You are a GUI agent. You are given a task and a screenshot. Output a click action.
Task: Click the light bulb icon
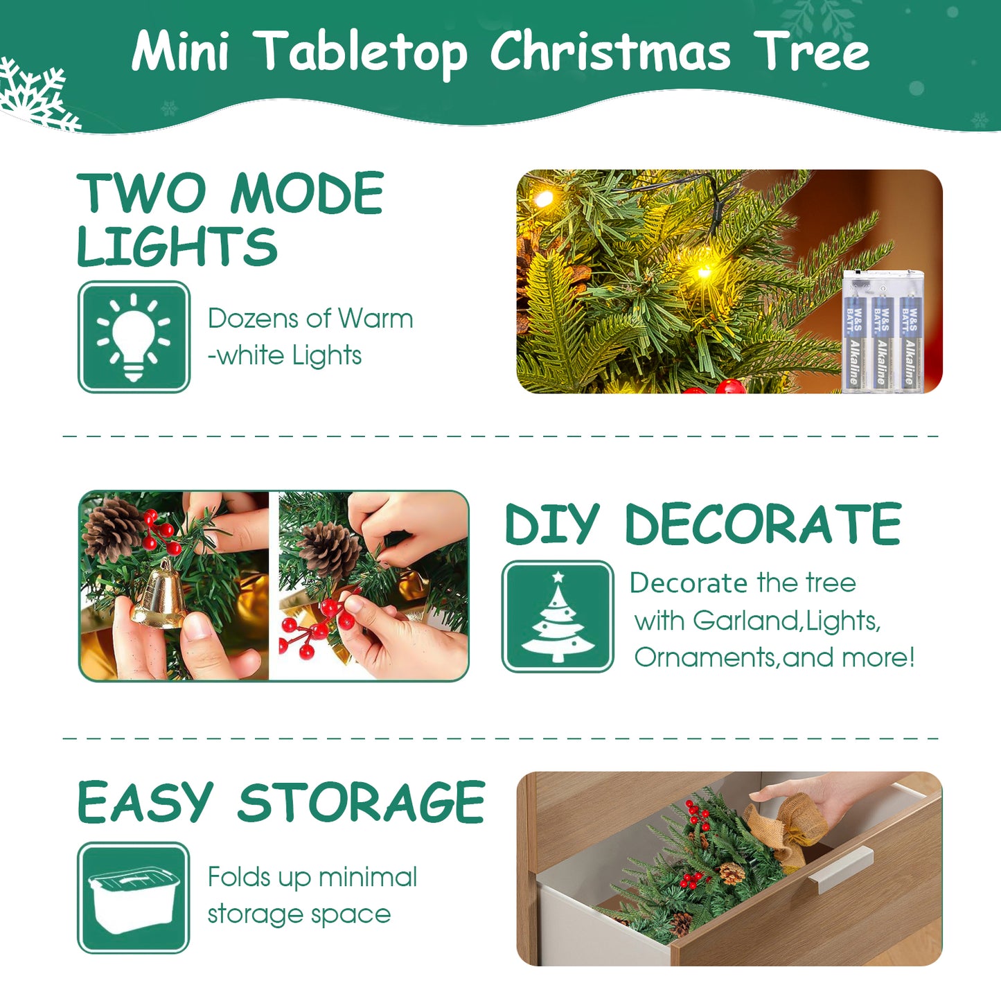[x=134, y=337]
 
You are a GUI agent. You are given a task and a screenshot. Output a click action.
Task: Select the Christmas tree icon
[x=558, y=617]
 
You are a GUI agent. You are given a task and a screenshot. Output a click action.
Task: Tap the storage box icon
[x=133, y=898]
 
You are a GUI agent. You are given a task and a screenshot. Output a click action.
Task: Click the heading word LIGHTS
[x=177, y=247]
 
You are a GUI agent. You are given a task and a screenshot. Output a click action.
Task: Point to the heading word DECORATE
[x=763, y=524]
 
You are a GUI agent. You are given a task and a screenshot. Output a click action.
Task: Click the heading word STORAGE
[x=361, y=802]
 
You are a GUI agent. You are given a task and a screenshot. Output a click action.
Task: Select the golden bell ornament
[x=160, y=595]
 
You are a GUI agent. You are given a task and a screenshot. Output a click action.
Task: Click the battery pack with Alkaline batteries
[x=883, y=332]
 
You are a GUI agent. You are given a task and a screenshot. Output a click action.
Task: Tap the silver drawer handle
[x=840, y=869]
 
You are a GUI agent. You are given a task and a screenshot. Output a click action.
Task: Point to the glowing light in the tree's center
[x=703, y=271]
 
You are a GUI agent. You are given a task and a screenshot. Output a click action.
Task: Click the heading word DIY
[x=552, y=524]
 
